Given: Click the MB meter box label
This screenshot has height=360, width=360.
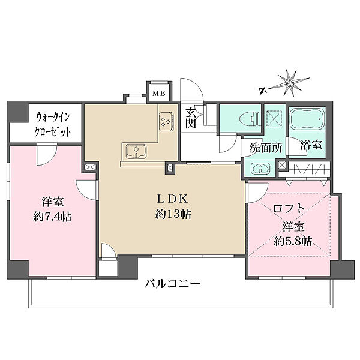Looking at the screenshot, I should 158,92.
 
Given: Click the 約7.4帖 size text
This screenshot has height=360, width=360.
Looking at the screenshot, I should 53,217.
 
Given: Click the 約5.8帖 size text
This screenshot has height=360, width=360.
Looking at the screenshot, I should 294,241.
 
